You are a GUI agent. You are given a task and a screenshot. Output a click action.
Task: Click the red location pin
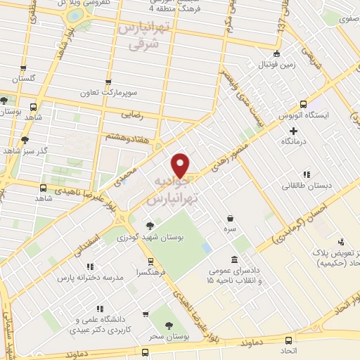(x=181, y=165)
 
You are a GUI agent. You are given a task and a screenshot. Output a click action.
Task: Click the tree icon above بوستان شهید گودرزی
(x=149, y=226)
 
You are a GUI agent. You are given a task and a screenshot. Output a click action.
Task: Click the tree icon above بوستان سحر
(x=169, y=325)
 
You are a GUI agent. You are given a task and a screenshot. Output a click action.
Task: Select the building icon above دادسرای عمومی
(x=233, y=259)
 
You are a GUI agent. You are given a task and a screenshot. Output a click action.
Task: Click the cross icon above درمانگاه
(x=294, y=131)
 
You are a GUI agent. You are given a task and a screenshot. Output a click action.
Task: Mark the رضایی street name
(x=133, y=112)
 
